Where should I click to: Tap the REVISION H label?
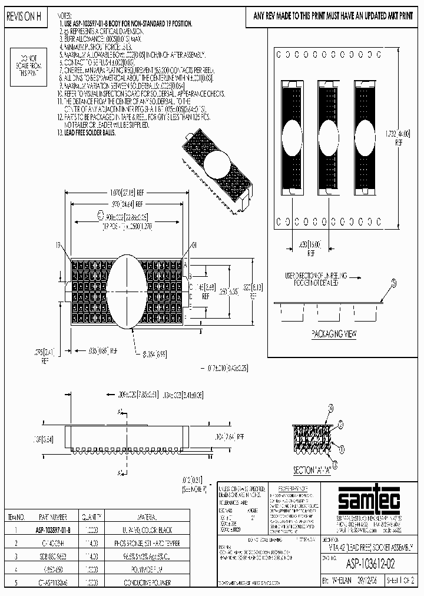(24, 18)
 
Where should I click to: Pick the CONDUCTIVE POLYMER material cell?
(147, 582)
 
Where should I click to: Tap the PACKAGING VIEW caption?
(334, 334)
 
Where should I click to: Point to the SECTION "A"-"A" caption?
(312, 471)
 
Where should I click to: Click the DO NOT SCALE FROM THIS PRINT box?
(28, 65)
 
